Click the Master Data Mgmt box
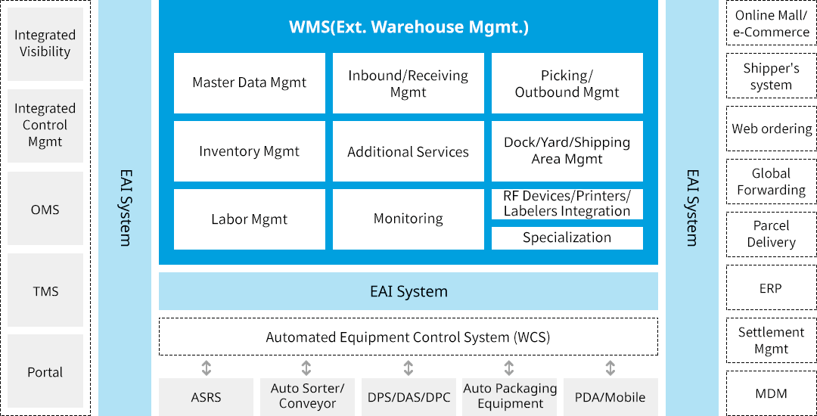pos(250,83)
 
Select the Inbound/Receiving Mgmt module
pos(408,83)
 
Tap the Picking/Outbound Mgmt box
pos(567,83)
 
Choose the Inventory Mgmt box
pos(250,151)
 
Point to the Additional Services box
pos(408,151)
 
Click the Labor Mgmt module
pos(250,219)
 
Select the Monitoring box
pos(408,219)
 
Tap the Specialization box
pos(567,238)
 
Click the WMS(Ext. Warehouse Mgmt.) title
pos(408,28)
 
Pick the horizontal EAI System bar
pos(408,291)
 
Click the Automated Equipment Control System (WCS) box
pos(408,337)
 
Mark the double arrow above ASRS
pos(206,368)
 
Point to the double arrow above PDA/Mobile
pos(610,368)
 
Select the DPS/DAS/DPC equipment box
pos(408,397)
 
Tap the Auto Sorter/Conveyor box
pos(307,396)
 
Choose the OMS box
pos(45,210)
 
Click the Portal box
pos(45,372)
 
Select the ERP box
pos(771,288)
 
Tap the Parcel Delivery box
pos(771,234)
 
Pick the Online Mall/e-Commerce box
pos(771,24)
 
